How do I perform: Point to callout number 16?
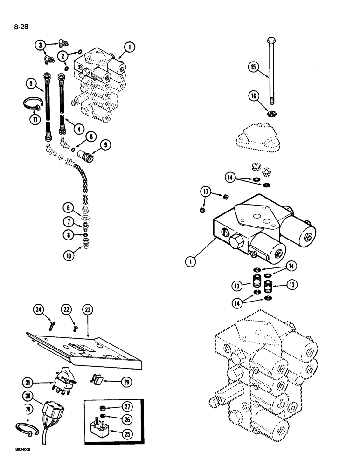point(254,96)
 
